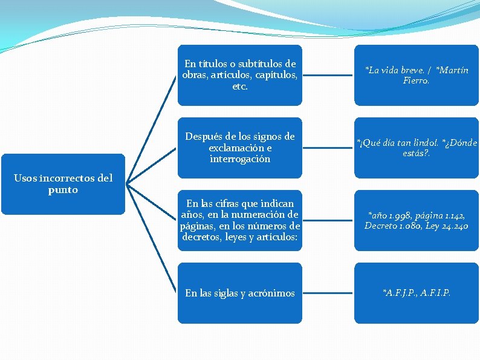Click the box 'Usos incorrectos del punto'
coord(63,184)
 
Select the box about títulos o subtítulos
coord(240,75)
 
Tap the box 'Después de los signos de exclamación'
coord(240,148)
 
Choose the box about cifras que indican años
coord(240,220)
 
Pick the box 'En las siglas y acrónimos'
coord(240,293)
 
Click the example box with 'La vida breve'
coord(416,75)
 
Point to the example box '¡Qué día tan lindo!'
coord(416,148)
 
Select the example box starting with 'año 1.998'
coord(416,220)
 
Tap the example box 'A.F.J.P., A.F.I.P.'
coord(416,293)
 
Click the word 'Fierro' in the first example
coord(416,80)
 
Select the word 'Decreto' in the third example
coord(381,226)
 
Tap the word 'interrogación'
coord(240,159)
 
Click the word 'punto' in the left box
coord(63,190)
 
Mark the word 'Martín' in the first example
coord(454,70)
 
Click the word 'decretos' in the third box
coord(201,238)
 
